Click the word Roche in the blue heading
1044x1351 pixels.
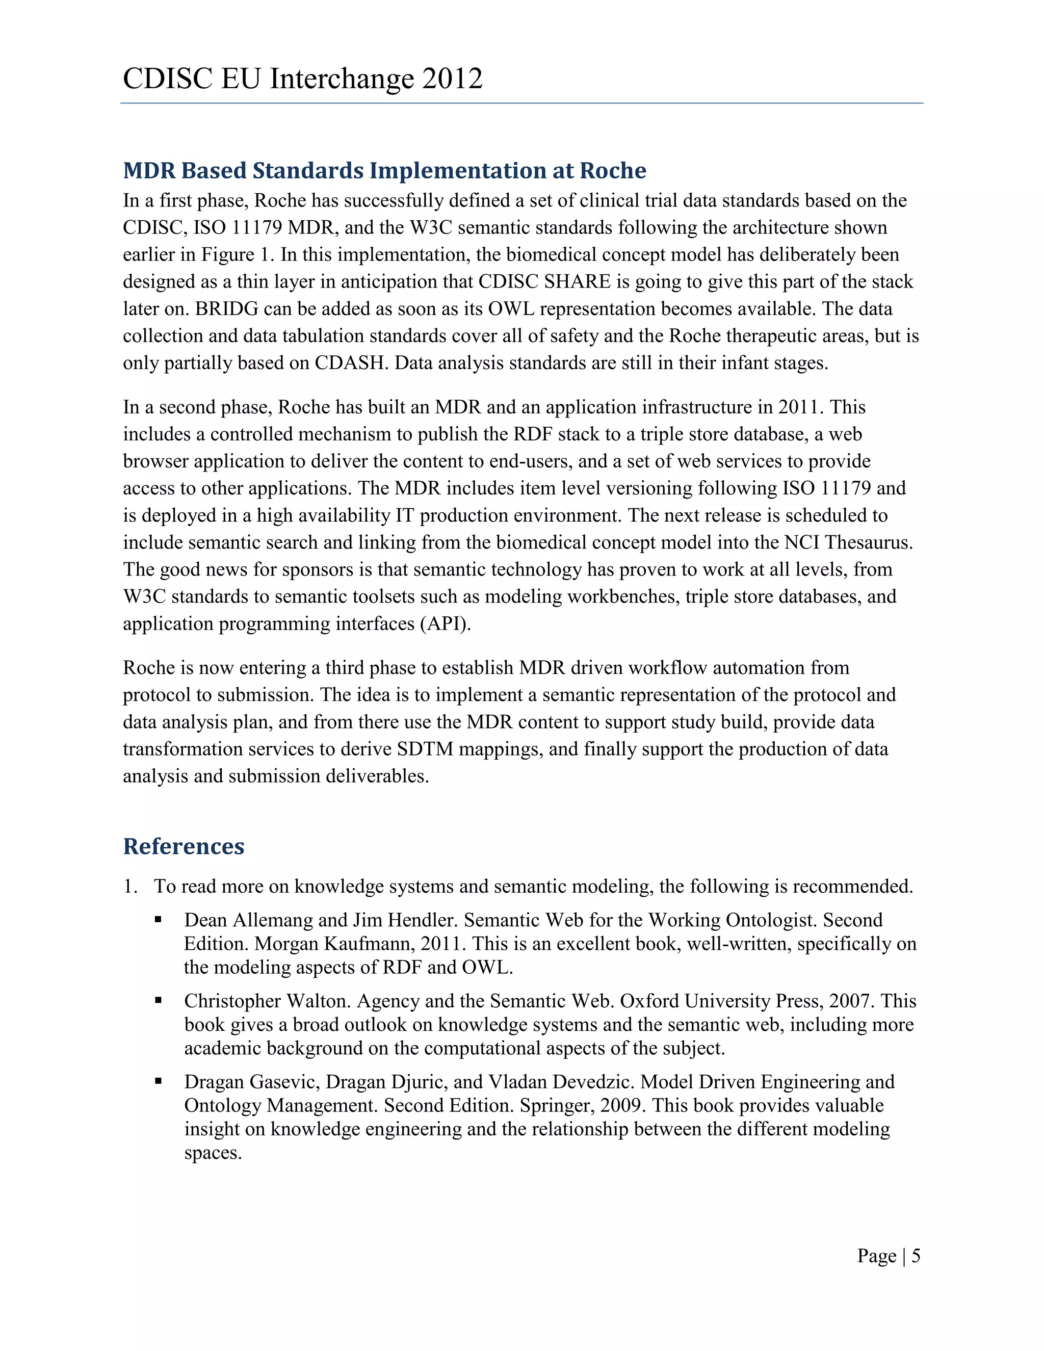tap(613, 170)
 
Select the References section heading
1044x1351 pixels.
tap(184, 846)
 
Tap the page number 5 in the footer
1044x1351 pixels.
tap(916, 1255)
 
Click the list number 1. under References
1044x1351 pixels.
tap(130, 887)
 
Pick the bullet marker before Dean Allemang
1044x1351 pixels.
tap(159, 920)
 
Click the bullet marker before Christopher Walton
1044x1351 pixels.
tap(159, 1001)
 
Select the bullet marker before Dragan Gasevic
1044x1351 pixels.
tap(159, 1082)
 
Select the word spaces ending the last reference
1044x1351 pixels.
tap(212, 1154)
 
